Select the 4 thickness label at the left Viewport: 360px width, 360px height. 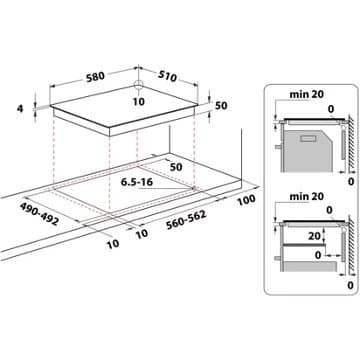[x=19, y=110]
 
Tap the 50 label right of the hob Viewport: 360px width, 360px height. [x=221, y=106]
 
